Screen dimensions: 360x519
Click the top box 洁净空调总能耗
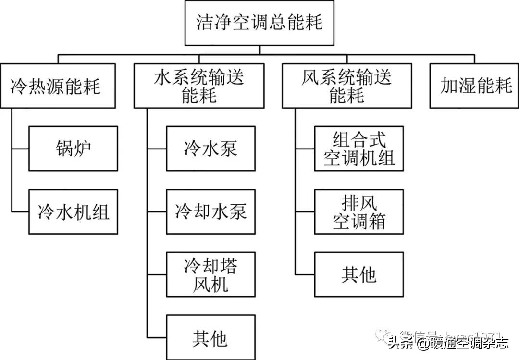[x=259, y=23]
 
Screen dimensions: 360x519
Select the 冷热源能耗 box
[x=58, y=87]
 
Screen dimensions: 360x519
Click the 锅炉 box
[x=73, y=149]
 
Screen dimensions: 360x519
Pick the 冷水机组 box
[x=73, y=211]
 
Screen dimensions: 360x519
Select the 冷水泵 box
[x=210, y=149]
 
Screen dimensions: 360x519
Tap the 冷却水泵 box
[x=210, y=211]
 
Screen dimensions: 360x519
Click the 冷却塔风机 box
[x=210, y=274]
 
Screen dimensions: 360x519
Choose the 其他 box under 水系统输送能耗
[x=210, y=337]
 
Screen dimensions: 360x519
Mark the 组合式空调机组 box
[x=359, y=149]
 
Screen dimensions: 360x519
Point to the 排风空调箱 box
[x=359, y=211]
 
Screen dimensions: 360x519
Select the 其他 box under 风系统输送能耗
[x=359, y=274]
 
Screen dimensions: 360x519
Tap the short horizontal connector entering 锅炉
[x=20, y=149]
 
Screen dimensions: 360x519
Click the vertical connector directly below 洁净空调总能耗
[x=259, y=50]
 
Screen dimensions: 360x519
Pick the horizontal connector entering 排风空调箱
[x=305, y=211]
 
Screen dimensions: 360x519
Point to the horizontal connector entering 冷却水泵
[x=157, y=211]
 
